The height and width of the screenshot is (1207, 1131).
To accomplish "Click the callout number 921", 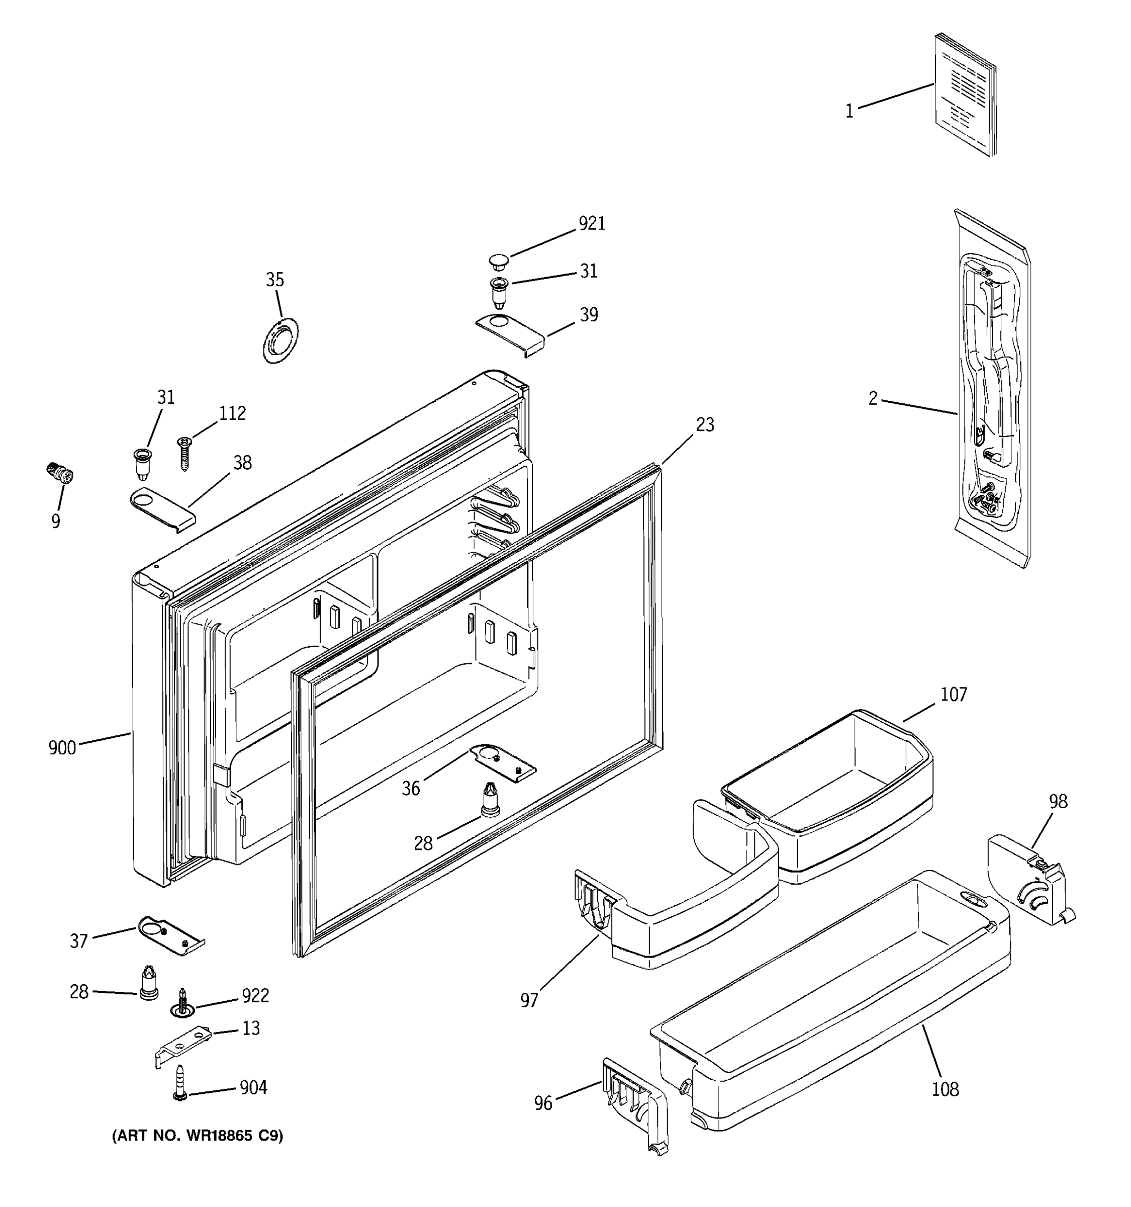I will [x=592, y=224].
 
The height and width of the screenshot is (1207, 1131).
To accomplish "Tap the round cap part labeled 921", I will [x=499, y=262].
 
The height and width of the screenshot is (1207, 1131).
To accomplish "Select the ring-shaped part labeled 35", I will [x=281, y=340].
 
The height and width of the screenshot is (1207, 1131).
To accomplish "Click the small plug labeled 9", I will [x=59, y=472].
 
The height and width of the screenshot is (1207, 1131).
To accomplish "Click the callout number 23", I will [x=704, y=424].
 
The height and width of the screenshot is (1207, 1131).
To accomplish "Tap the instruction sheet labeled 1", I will [x=965, y=94].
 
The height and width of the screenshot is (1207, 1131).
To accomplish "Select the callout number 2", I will [x=873, y=399].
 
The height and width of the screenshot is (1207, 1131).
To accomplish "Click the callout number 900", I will [x=62, y=748].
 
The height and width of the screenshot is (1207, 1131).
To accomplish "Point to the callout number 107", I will [x=953, y=695].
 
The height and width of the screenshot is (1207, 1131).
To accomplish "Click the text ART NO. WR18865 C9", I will [x=197, y=1136].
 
